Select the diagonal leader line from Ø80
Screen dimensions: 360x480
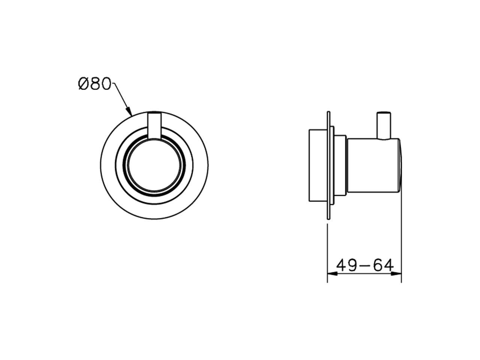122,97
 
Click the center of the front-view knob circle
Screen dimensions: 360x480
154,165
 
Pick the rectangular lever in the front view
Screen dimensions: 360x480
154,125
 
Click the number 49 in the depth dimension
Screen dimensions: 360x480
346,265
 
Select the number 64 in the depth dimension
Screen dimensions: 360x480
383,265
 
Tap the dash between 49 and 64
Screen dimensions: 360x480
364,266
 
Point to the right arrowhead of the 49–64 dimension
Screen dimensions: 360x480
398,273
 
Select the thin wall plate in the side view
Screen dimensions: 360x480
328,165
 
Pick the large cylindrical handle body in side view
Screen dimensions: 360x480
373,165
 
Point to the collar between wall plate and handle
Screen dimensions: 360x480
339,165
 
